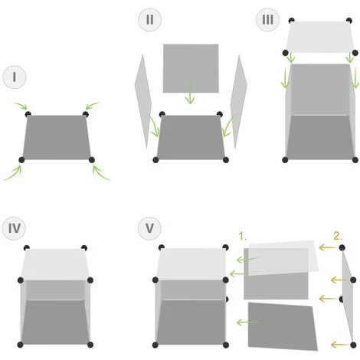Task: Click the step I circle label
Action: [x=15, y=77]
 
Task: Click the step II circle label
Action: [x=149, y=20]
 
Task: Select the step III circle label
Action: [x=267, y=20]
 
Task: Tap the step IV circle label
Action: [x=14, y=228]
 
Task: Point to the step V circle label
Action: [x=149, y=228]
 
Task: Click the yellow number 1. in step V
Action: [x=243, y=236]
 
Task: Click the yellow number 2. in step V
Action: [x=338, y=236]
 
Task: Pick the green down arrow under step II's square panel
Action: [x=189, y=93]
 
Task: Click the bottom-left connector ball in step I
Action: [x=21, y=160]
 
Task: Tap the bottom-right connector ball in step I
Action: [x=92, y=160]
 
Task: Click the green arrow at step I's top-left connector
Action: [x=21, y=105]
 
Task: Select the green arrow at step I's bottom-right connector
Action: [x=100, y=172]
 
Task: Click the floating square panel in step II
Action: [x=191, y=68]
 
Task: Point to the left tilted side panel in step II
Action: [x=142, y=102]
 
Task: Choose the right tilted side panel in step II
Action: [x=239, y=102]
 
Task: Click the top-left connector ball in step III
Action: [x=291, y=21]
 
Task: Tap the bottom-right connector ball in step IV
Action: [x=90, y=345]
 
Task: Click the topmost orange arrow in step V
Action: [x=328, y=247]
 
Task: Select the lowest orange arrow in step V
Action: [x=339, y=345]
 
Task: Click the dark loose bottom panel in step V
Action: [x=282, y=326]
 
